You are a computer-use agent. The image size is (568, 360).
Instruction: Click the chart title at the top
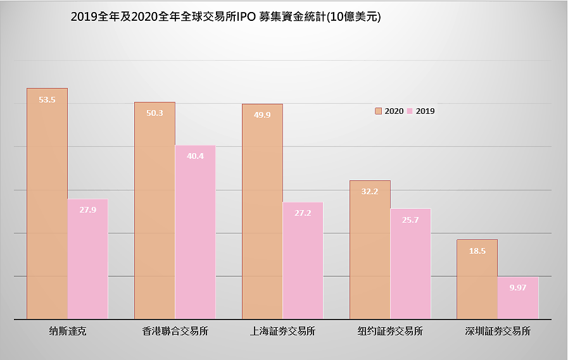pos(225,18)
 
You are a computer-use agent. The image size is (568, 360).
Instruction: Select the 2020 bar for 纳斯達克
pos(47,209)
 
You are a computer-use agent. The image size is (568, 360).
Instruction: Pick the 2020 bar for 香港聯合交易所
pos(155,215)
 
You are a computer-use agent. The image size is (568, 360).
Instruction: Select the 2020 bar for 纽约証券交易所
pos(370,253)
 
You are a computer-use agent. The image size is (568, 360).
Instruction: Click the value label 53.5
pos(47,99)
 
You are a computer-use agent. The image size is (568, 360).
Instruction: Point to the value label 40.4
pos(195,156)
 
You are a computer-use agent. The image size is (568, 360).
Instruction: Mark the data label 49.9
pos(262,115)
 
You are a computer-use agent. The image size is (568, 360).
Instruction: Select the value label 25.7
pos(410,220)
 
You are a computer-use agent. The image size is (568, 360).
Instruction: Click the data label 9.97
pos(518,287)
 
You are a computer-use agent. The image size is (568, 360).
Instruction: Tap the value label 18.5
pos(477,251)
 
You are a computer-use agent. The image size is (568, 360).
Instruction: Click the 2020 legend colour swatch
pos(379,111)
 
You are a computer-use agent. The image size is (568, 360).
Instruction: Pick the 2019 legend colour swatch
pos(410,111)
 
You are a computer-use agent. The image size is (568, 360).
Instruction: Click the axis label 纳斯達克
pos(67,331)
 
